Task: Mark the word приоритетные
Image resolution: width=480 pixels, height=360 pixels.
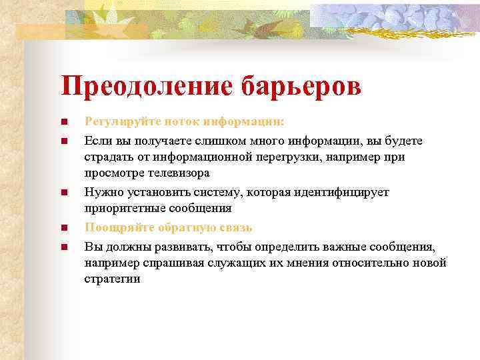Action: [121, 208]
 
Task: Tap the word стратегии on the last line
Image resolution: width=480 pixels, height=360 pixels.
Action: [112, 279]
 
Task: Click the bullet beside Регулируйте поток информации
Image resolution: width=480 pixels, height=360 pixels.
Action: [63, 123]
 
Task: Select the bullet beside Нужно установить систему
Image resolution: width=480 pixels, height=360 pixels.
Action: [63, 193]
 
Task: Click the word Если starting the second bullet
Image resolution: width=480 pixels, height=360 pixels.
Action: [95, 141]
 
